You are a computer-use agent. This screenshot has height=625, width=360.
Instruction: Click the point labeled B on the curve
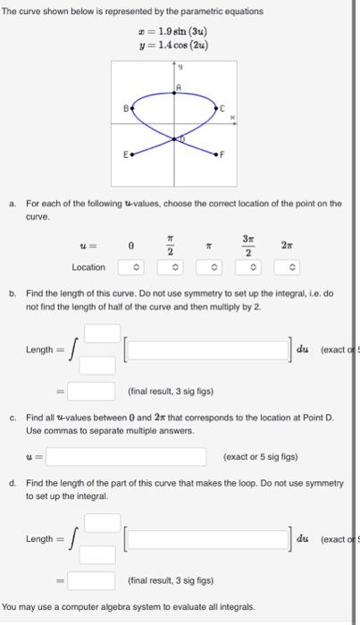click(x=133, y=107)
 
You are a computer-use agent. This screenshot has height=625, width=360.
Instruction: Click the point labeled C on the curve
click(x=218, y=107)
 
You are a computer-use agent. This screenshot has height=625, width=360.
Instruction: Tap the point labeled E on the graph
click(x=134, y=154)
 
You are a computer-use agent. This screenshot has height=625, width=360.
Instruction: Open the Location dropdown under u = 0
click(x=130, y=267)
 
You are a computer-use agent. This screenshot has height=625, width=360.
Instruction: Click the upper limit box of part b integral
click(x=101, y=333)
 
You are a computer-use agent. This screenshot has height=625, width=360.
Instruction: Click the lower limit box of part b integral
click(x=101, y=364)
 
